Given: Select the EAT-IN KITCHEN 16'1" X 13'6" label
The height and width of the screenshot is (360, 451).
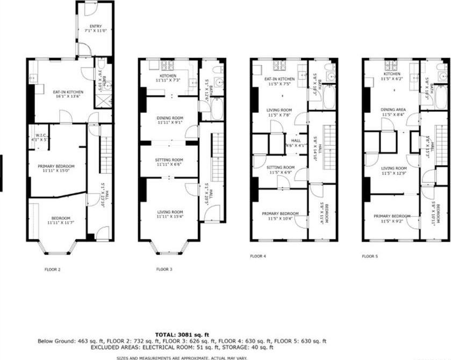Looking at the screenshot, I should click(59, 94).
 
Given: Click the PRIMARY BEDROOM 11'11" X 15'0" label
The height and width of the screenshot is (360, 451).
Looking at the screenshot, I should click(56, 168).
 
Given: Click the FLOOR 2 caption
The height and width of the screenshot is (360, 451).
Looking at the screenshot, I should click(52, 269).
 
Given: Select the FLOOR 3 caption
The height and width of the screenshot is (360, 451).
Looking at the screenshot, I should click(164, 269).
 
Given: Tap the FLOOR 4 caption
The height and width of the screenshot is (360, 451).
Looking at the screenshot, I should click(258, 256).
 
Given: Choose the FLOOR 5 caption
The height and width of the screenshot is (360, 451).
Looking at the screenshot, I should click(370, 257).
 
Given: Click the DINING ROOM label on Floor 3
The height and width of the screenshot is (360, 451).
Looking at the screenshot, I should click(169, 119).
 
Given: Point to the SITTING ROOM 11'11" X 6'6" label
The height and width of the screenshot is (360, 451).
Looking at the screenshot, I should click(169, 162).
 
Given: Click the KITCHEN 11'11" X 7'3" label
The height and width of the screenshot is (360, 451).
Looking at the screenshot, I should click(169, 79).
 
